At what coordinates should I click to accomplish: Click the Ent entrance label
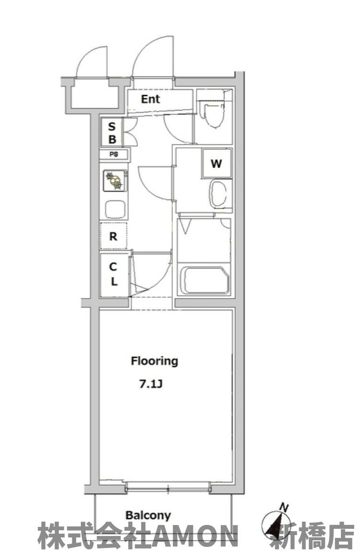(150, 99)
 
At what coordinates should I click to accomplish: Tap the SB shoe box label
(112, 133)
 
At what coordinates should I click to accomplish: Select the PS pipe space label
(113, 155)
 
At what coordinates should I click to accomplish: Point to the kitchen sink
(115, 209)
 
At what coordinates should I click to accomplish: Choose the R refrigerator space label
(113, 236)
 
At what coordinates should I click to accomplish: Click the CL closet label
(113, 274)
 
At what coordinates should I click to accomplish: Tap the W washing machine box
(216, 164)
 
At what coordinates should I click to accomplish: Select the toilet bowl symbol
(212, 113)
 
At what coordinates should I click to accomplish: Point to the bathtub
(205, 279)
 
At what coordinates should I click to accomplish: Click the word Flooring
(155, 361)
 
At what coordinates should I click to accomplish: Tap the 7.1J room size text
(150, 384)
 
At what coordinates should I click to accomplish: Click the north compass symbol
(275, 525)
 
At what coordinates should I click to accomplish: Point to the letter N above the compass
(284, 507)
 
